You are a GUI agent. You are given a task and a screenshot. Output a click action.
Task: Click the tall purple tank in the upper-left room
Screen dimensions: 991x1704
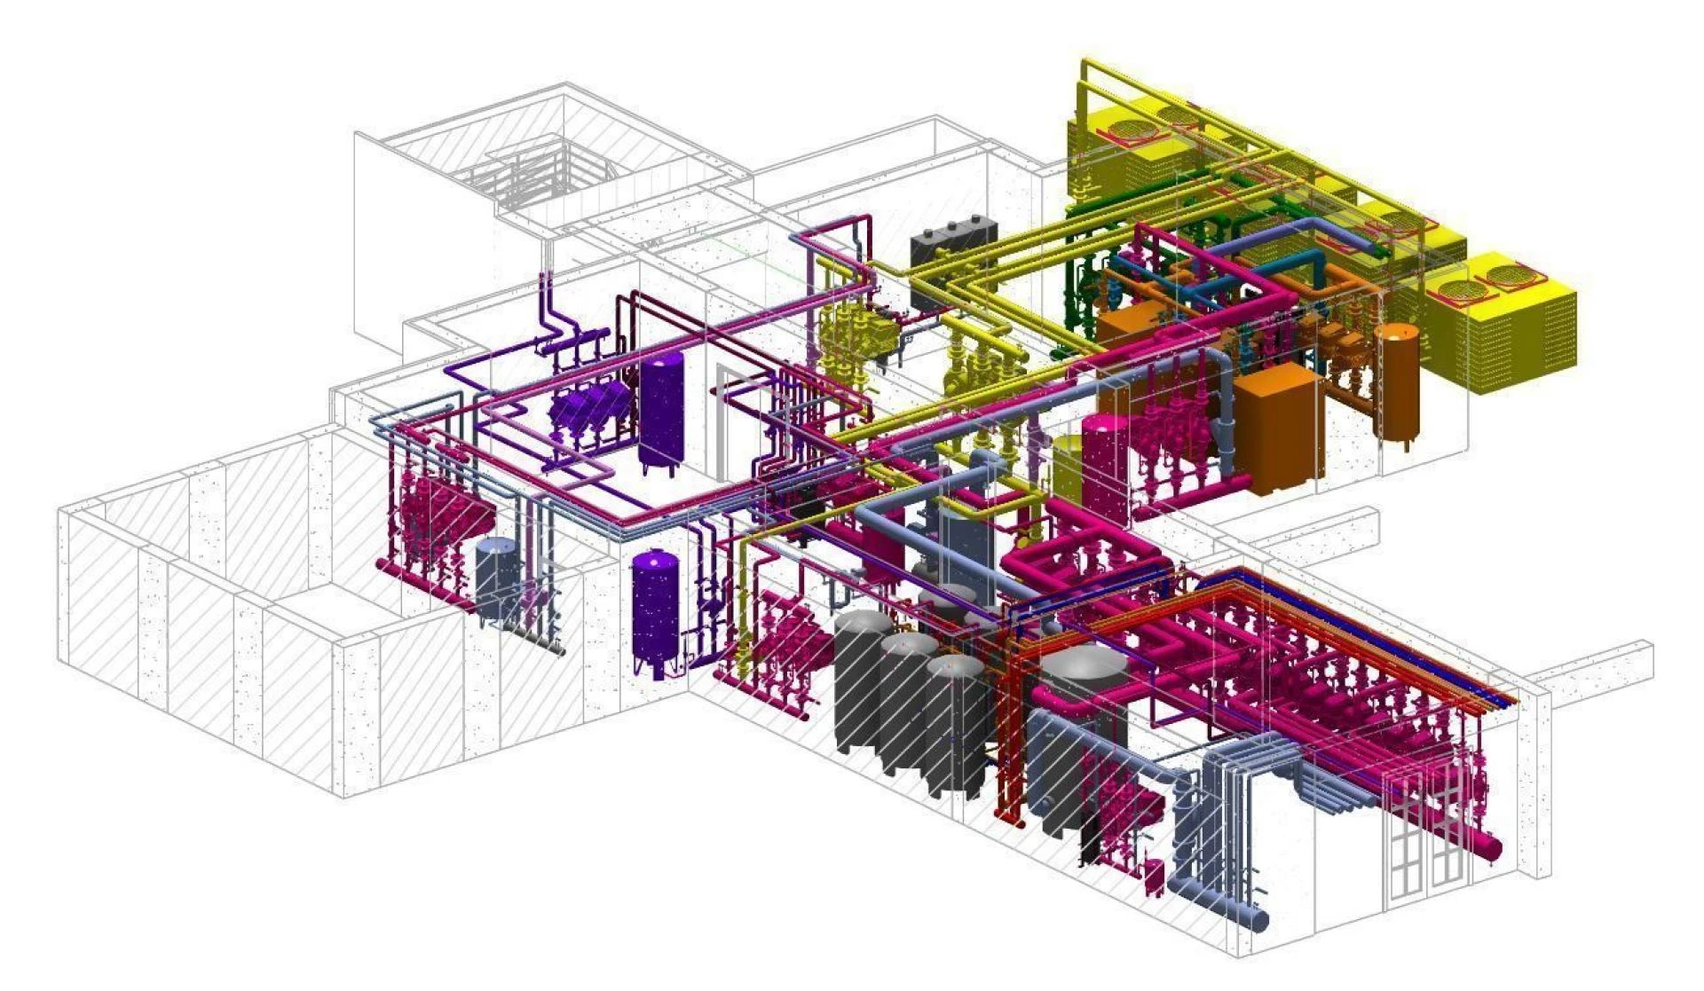pyautogui.click(x=661, y=410)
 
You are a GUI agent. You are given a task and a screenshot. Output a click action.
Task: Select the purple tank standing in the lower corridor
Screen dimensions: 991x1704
pyautogui.click(x=655, y=612)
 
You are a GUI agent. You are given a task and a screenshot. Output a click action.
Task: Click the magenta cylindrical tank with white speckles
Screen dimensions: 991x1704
pyautogui.click(x=1104, y=470)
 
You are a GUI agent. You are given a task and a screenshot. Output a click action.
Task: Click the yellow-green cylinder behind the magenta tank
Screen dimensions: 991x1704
pyautogui.click(x=1067, y=461)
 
